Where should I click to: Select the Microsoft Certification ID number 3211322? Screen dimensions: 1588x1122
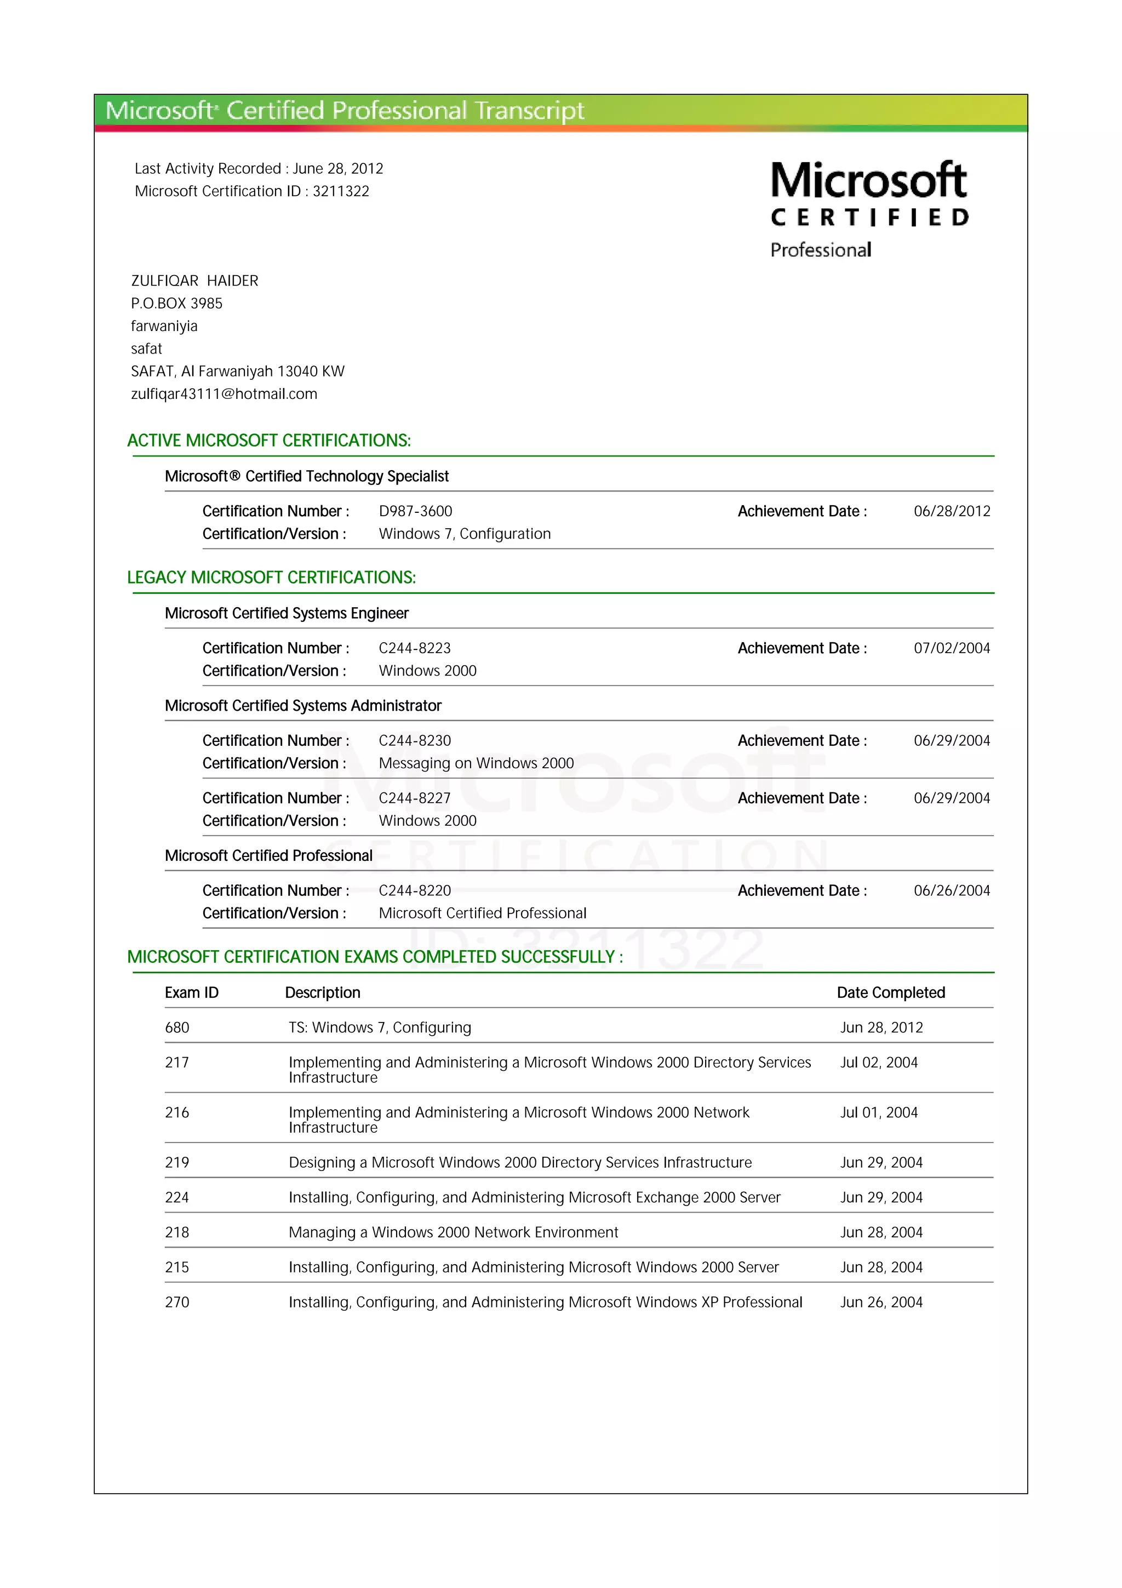[x=341, y=192]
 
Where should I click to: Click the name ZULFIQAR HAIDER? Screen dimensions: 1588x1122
[x=194, y=281]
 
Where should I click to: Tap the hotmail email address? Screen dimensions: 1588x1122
[x=224, y=394]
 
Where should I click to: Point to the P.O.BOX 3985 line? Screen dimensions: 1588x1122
[x=176, y=304]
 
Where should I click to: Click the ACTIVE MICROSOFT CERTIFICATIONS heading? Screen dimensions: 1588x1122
[x=269, y=441]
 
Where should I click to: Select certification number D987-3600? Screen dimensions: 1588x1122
[x=415, y=511]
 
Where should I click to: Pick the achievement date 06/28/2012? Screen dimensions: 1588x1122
[x=951, y=511]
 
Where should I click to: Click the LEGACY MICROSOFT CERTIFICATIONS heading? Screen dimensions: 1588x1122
[x=271, y=578]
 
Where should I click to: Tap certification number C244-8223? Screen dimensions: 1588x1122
[x=414, y=648]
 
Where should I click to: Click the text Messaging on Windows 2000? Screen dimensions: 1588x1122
[x=476, y=763]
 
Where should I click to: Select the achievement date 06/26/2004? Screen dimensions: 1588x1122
[x=951, y=891]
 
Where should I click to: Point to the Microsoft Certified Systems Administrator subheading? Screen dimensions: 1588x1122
[x=303, y=705]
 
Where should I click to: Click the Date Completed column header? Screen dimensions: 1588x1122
[x=890, y=992]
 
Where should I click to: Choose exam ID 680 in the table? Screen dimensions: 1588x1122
[x=177, y=1028]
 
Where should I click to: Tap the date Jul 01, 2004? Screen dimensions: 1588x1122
[x=879, y=1112]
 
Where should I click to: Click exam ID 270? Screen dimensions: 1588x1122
[x=177, y=1303]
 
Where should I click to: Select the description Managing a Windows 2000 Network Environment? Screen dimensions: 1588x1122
[x=453, y=1232]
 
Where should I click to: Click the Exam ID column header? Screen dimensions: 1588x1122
[x=192, y=992]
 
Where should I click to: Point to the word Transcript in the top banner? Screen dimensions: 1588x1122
[x=530, y=111]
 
